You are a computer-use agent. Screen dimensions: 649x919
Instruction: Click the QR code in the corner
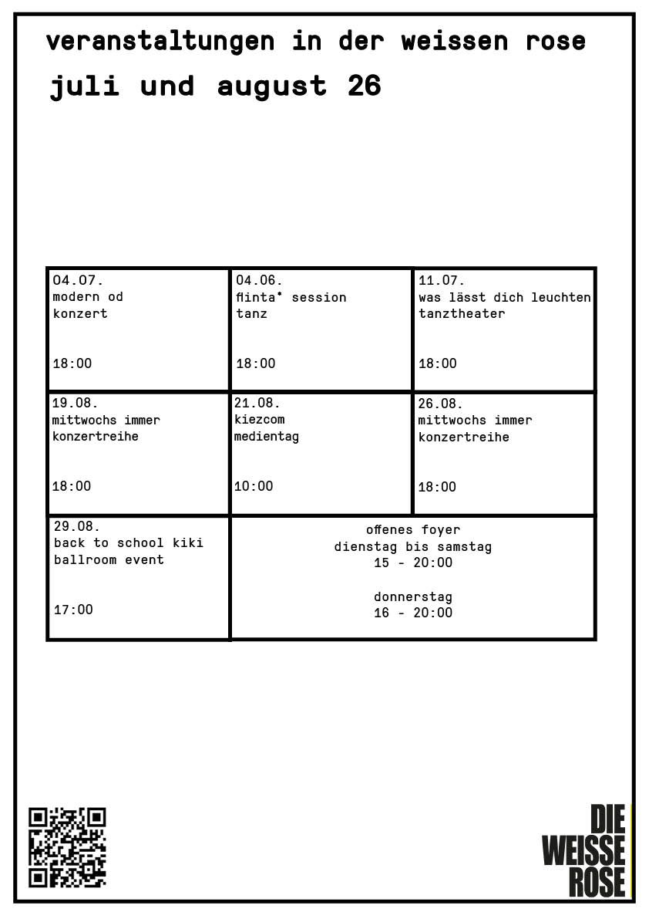click(67, 847)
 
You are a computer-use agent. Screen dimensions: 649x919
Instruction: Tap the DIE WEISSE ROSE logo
click(583, 850)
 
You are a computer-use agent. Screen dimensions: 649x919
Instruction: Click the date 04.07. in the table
click(78, 280)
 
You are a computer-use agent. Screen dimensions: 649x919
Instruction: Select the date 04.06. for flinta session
click(259, 280)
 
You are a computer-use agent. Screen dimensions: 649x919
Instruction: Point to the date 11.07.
click(442, 280)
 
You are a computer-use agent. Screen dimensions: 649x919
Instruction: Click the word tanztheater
click(462, 313)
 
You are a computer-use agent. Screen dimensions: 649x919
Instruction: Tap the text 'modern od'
click(88, 296)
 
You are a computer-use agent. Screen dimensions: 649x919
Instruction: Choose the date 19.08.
click(75, 403)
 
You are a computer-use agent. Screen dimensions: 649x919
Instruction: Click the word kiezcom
click(259, 419)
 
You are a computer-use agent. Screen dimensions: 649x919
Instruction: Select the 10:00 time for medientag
click(254, 486)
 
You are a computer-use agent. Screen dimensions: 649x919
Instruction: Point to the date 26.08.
click(440, 404)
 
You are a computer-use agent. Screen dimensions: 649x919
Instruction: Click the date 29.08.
click(77, 525)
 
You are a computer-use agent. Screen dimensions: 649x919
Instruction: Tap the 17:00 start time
click(73, 610)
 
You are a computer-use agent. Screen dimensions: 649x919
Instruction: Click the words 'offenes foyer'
click(413, 530)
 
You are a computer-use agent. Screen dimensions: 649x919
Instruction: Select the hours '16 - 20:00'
click(413, 613)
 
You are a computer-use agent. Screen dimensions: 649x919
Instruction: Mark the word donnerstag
click(413, 597)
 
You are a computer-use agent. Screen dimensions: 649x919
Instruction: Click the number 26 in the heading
click(364, 86)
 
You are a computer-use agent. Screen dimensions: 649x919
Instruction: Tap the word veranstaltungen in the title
click(160, 41)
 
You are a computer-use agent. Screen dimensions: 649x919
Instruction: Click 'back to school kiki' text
click(129, 542)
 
